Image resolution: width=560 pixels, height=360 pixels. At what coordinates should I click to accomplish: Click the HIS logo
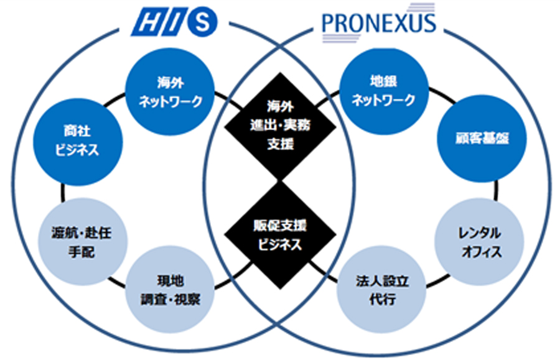pos(174,22)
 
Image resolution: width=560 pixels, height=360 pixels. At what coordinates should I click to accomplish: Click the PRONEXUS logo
pos(379,23)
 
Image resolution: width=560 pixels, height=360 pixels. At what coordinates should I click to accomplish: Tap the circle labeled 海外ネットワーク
pos(170,91)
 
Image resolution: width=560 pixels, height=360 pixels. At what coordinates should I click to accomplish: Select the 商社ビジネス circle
pos(78,142)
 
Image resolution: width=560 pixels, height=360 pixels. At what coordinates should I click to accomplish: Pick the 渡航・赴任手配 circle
pos(83,241)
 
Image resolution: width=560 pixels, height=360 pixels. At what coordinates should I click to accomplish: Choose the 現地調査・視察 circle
pos(170,289)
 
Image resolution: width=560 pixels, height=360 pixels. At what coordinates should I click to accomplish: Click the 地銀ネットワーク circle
pos(383,91)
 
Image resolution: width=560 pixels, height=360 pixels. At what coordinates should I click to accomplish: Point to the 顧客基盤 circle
pos(482,139)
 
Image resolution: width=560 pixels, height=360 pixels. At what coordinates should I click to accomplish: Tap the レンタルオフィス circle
pos(479,242)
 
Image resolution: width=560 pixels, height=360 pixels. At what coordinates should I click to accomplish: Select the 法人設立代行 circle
pos(381,289)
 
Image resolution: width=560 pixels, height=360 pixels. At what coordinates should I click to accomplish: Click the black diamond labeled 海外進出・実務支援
pos(281,126)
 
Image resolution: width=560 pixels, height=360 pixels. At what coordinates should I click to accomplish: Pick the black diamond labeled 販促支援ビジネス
pos(281,235)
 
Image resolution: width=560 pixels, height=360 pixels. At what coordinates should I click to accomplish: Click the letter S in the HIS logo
pos(202,22)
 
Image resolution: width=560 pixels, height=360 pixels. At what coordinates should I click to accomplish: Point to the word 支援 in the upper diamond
pos(281,144)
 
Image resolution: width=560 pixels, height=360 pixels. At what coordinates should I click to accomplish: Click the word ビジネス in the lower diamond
pos(280,245)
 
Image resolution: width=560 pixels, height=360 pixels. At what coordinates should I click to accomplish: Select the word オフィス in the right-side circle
pos(482,252)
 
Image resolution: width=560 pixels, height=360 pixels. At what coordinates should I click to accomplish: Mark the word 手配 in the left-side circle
pos(82,252)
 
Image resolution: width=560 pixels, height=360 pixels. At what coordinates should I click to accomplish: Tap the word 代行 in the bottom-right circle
pos(382,299)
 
